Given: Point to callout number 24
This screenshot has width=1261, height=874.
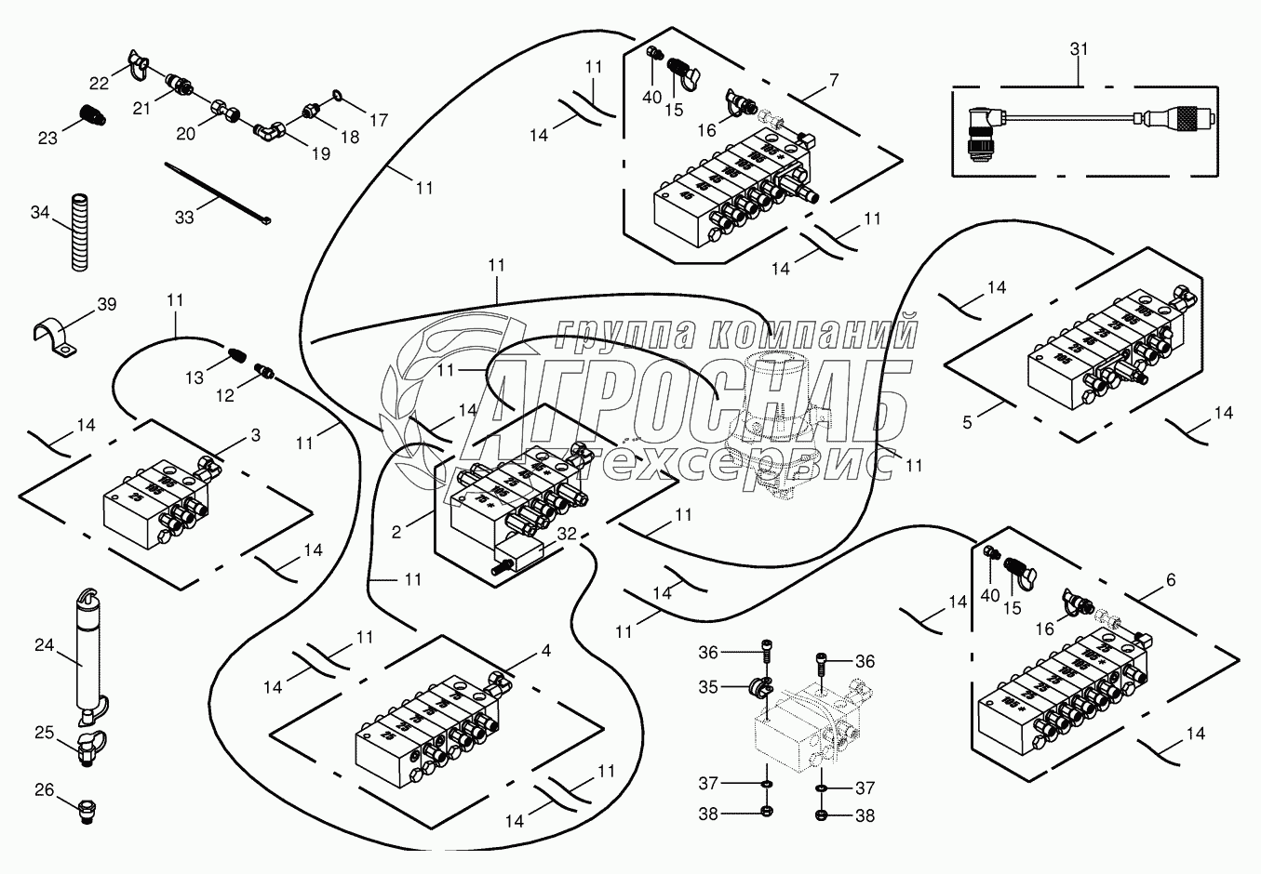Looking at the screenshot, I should click(x=45, y=643).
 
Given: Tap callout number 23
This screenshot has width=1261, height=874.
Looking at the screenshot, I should click(x=47, y=139).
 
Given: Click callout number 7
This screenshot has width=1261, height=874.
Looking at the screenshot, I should click(x=833, y=80).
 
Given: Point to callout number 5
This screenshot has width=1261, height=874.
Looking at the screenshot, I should click(x=967, y=422).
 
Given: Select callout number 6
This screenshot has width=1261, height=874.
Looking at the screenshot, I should click(x=1170, y=579).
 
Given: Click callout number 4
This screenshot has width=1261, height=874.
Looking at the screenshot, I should click(x=545, y=651).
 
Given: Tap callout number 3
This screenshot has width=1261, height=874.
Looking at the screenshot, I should click(x=255, y=434).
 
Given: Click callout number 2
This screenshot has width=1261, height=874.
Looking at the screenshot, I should click(x=396, y=533).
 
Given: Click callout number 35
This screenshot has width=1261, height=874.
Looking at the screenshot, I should click(x=708, y=687).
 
